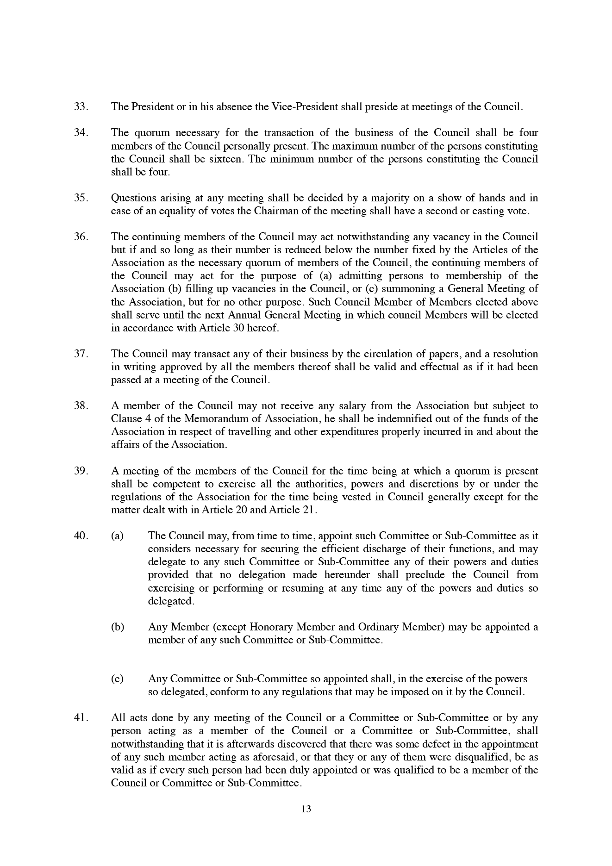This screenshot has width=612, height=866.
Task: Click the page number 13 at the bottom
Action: (x=306, y=809)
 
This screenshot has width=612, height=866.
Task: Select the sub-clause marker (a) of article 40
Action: (x=117, y=536)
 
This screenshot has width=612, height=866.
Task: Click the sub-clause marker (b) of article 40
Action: (x=118, y=627)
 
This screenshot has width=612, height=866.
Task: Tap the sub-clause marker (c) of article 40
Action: (x=117, y=679)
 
